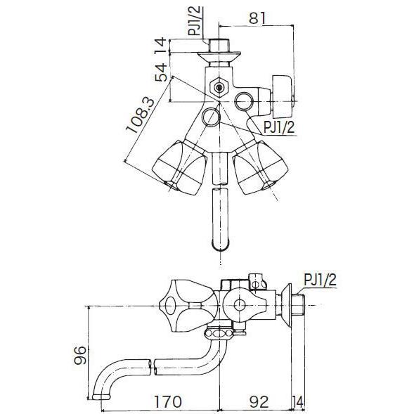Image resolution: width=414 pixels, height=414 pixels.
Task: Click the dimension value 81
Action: [257, 18]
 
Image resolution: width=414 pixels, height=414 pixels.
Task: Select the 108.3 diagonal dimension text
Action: [140, 115]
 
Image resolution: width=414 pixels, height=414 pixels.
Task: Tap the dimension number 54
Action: [161, 72]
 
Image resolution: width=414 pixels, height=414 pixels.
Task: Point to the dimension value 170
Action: [168, 401]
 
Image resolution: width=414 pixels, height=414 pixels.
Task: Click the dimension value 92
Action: [259, 401]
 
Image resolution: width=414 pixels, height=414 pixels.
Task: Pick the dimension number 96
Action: [80, 355]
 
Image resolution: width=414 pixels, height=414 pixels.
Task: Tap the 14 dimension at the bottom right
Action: [298, 402]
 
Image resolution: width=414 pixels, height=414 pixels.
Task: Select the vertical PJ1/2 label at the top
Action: [195, 21]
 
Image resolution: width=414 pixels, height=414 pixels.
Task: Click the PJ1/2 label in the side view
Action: [320, 280]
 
